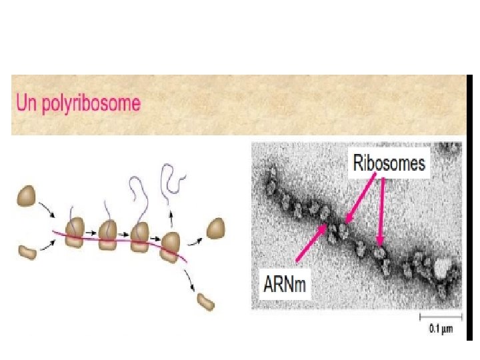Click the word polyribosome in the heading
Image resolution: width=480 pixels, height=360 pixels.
[100, 103]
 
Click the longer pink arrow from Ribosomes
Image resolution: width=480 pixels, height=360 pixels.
[381, 210]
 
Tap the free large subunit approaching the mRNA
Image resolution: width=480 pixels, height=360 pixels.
[28, 196]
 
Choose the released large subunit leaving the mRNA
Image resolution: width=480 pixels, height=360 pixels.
[216, 228]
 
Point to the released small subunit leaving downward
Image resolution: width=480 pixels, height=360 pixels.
[205, 301]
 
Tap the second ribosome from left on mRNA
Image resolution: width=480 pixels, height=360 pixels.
[108, 235]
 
